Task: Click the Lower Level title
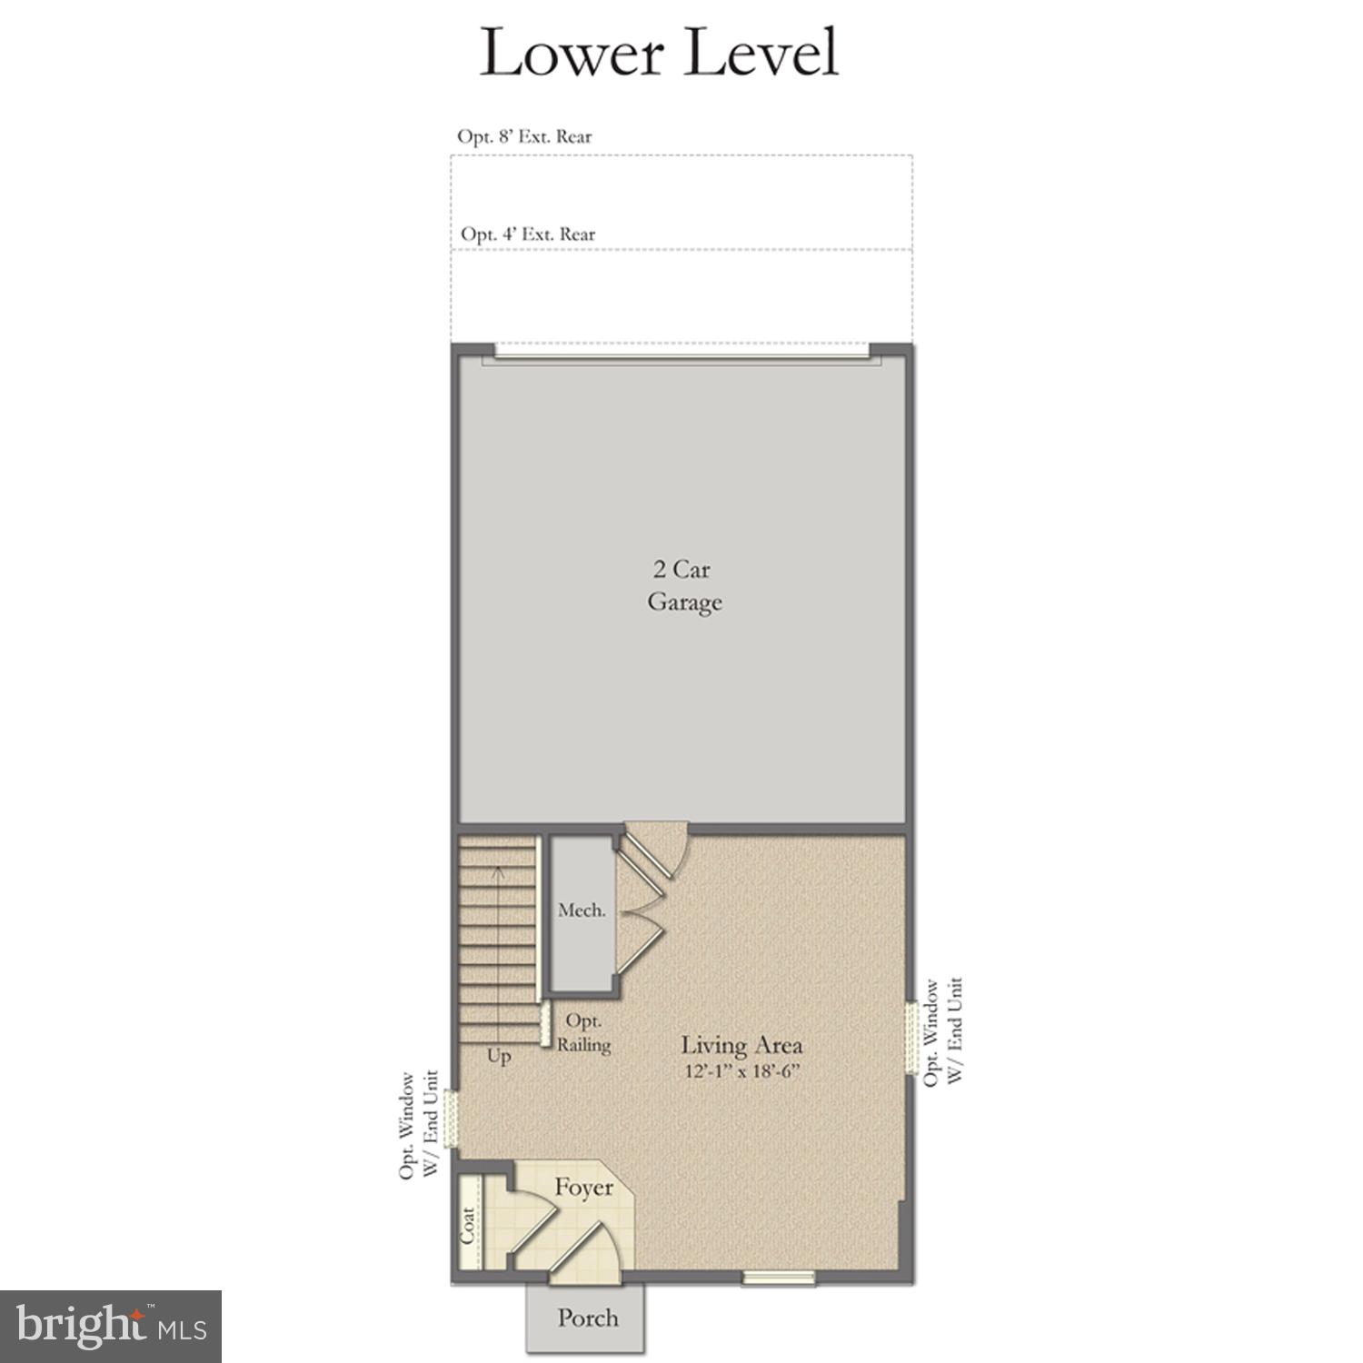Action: coord(659,53)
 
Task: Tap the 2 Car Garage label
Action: coord(683,586)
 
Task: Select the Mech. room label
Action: coord(582,910)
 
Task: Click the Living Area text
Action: coord(741,1045)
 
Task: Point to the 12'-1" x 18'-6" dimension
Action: coord(741,1071)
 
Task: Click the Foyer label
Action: coord(583,1188)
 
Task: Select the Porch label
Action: coord(588,1318)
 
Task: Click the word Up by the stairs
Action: coord(499,1057)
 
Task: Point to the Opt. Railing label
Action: coord(582,1033)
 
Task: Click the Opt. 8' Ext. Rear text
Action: coord(524,136)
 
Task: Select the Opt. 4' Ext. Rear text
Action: coord(528,234)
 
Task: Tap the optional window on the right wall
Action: coord(910,1039)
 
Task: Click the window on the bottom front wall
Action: coord(778,1278)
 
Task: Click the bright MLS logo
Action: coord(110,1327)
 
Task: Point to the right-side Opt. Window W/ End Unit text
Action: coord(941,1031)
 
